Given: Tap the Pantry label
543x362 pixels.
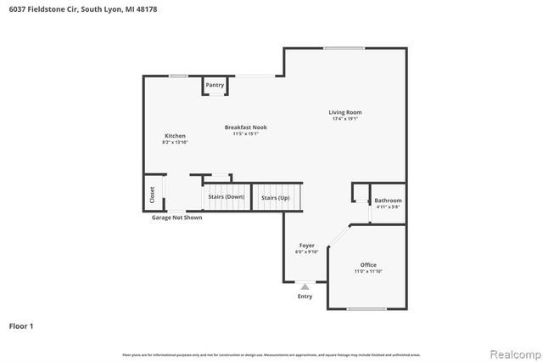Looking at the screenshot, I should point(215,85).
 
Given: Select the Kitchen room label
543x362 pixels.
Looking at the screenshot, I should point(175,136).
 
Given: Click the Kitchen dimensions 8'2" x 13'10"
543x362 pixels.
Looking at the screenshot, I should point(175,143).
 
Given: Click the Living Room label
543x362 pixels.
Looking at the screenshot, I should point(345,112).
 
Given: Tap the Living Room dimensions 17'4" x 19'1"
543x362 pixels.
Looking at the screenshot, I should point(345,119).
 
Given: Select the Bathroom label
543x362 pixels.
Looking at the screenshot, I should point(388,201).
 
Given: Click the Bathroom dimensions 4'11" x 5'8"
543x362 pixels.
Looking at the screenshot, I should point(388,207).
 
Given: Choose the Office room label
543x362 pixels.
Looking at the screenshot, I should point(367,264).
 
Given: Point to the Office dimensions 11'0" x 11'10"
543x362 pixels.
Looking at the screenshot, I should point(367,271).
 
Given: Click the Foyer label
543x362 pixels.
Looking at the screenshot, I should point(306,246).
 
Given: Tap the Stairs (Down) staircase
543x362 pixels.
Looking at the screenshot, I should point(225,197).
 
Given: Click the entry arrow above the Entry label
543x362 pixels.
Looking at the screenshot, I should point(305,287).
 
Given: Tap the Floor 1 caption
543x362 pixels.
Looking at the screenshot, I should point(20,325).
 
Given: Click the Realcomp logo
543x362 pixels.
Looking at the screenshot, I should point(512,353).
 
